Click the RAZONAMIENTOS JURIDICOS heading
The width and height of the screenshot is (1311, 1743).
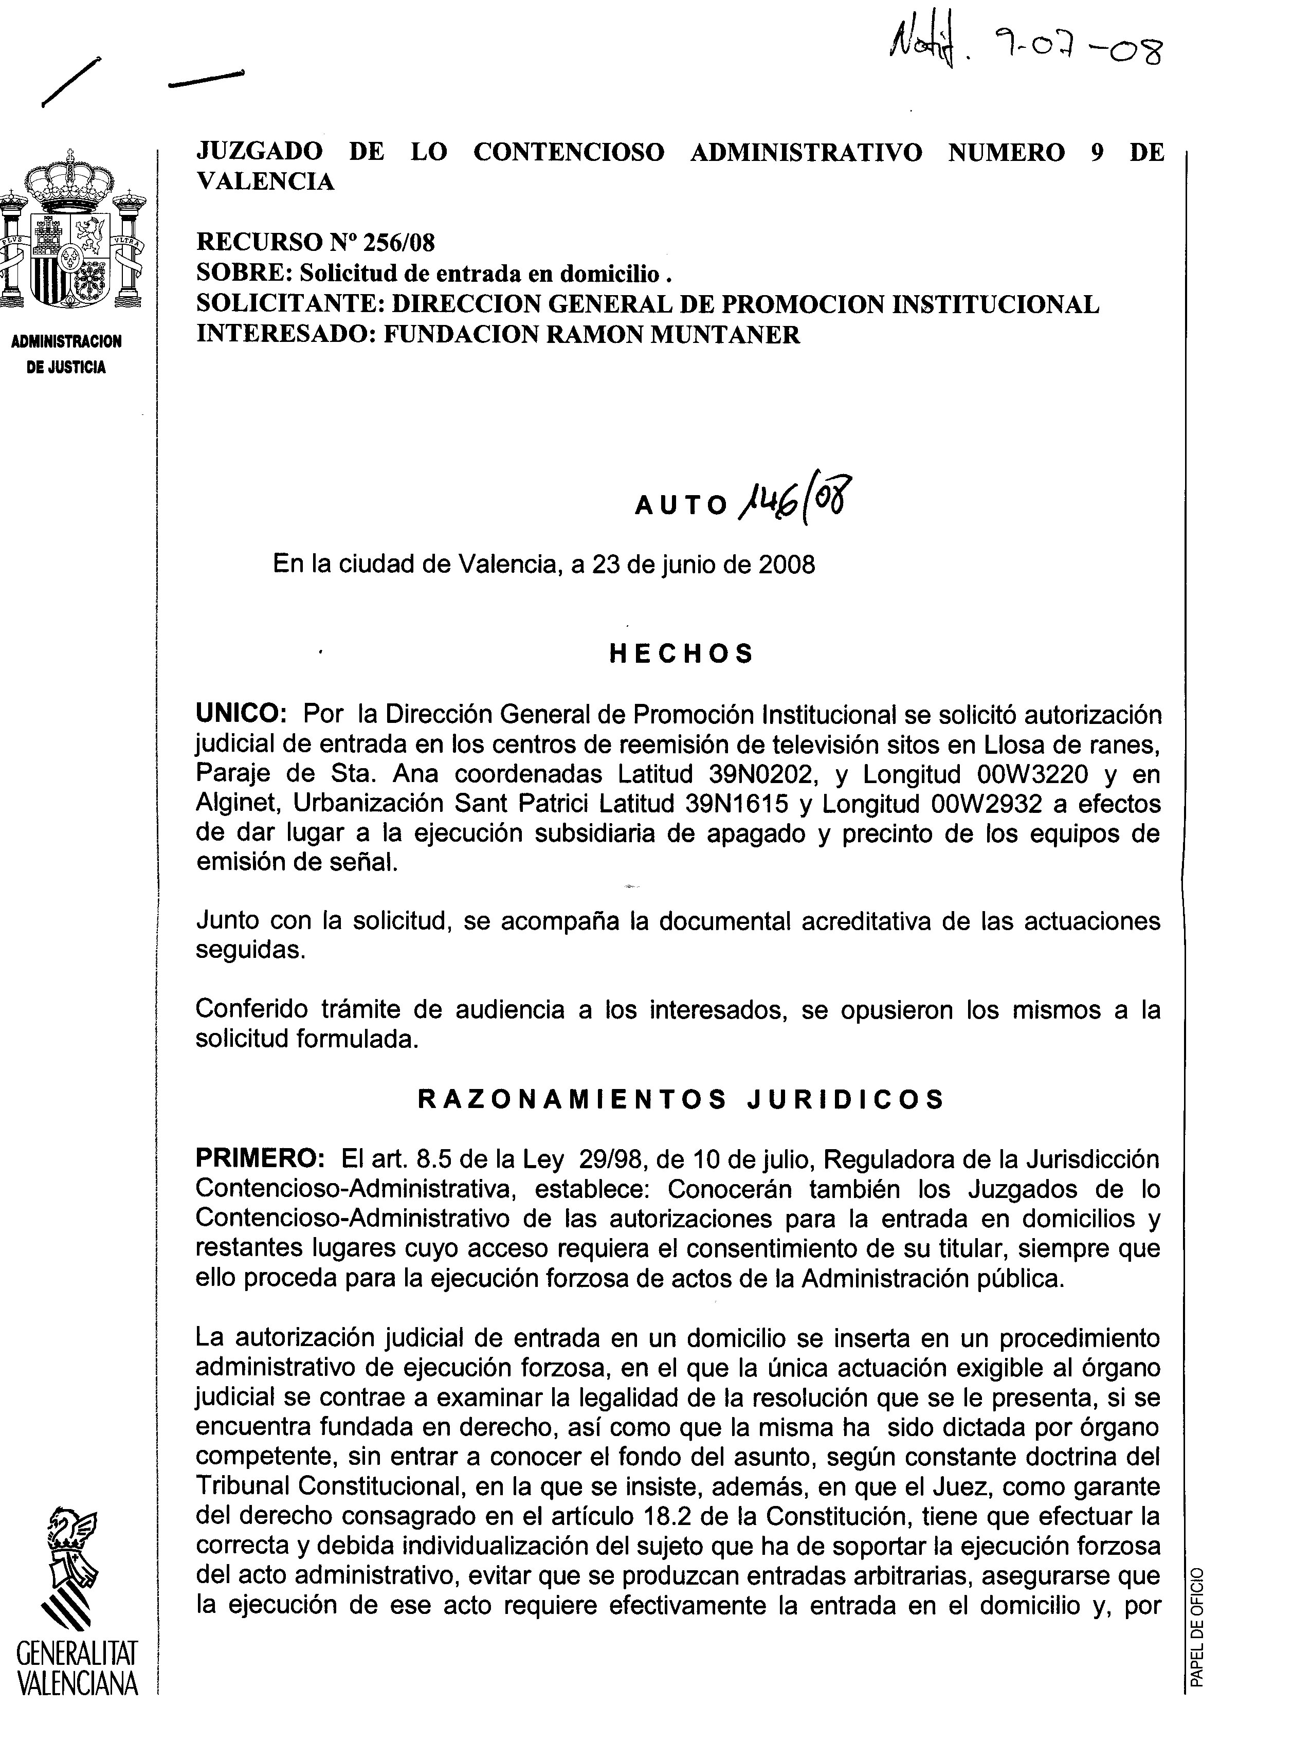pyautogui.click(x=681, y=1099)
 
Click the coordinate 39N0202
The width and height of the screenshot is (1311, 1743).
pyautogui.click(x=759, y=774)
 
